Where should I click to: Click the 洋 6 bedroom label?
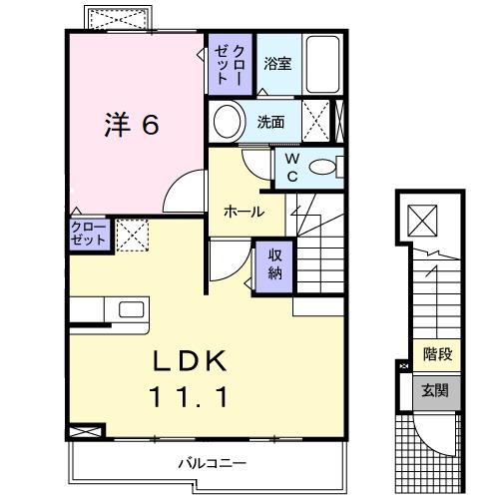pos(131,126)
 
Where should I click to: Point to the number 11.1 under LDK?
pos(194,396)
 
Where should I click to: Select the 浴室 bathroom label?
pos(277,64)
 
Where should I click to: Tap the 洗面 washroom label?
pos(271,123)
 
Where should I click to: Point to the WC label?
pos(292,168)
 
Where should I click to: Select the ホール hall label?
pos(244,212)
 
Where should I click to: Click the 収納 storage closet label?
pos(274,263)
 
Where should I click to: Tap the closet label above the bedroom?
pos(230,64)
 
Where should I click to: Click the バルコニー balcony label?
pos(213,463)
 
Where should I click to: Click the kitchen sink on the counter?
pos(132,309)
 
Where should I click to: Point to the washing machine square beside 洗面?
pos(319,122)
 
